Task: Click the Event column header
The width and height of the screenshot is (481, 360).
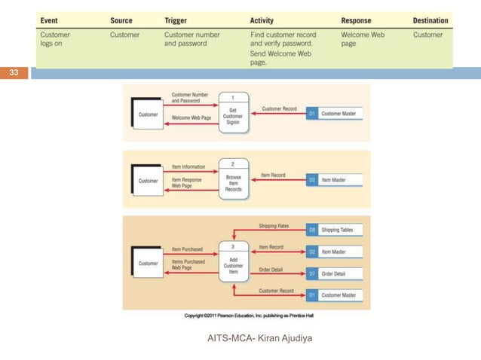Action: click(51, 20)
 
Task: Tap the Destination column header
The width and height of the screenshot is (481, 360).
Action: click(430, 20)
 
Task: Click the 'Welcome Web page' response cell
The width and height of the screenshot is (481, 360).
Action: click(363, 39)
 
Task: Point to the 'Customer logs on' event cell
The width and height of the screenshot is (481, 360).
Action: click(55, 39)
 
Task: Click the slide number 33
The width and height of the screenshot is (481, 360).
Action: click(14, 73)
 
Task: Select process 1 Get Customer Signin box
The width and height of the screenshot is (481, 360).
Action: click(234, 112)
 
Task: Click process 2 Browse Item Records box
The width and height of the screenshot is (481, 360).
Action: click(234, 179)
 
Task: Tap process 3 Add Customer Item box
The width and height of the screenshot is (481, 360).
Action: click(234, 261)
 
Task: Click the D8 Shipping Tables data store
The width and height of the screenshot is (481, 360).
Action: click(335, 230)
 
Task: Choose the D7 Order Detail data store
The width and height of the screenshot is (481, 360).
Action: click(335, 273)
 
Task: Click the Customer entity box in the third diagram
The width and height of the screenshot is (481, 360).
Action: click(148, 263)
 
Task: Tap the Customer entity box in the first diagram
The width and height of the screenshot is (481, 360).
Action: click(148, 114)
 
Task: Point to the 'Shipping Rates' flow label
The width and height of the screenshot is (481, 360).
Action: click(274, 225)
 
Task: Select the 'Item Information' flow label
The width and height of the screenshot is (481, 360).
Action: click(189, 166)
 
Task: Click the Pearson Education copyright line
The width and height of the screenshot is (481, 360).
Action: click(247, 315)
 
